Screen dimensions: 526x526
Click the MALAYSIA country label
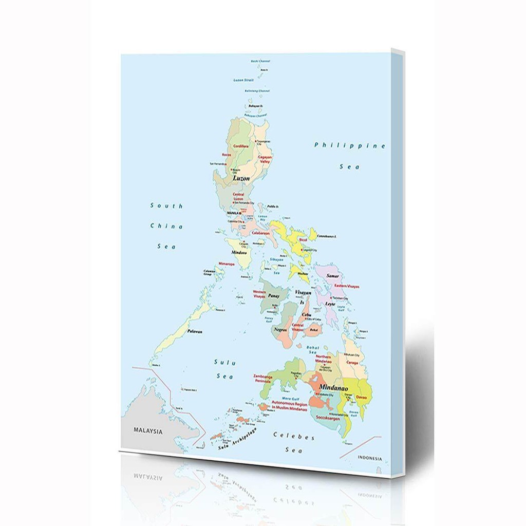147,431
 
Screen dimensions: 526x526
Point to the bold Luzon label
241,178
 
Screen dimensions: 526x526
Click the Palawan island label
194,331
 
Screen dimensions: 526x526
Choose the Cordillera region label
240,146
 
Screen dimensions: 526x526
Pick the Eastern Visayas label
347,286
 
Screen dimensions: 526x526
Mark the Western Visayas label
259,294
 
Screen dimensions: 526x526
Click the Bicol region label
303,239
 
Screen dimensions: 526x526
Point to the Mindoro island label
239,253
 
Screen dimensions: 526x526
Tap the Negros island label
280,329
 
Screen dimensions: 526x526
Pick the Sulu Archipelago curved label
237,439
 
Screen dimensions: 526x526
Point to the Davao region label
362,398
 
